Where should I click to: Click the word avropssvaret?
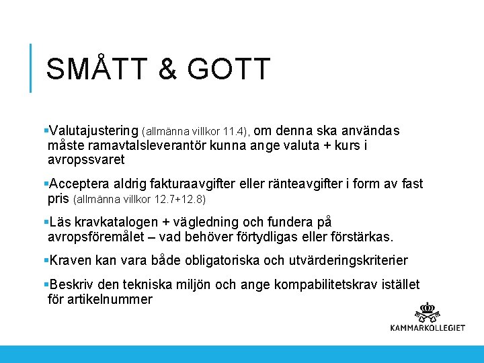(86, 161)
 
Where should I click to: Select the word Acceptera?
(80, 184)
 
